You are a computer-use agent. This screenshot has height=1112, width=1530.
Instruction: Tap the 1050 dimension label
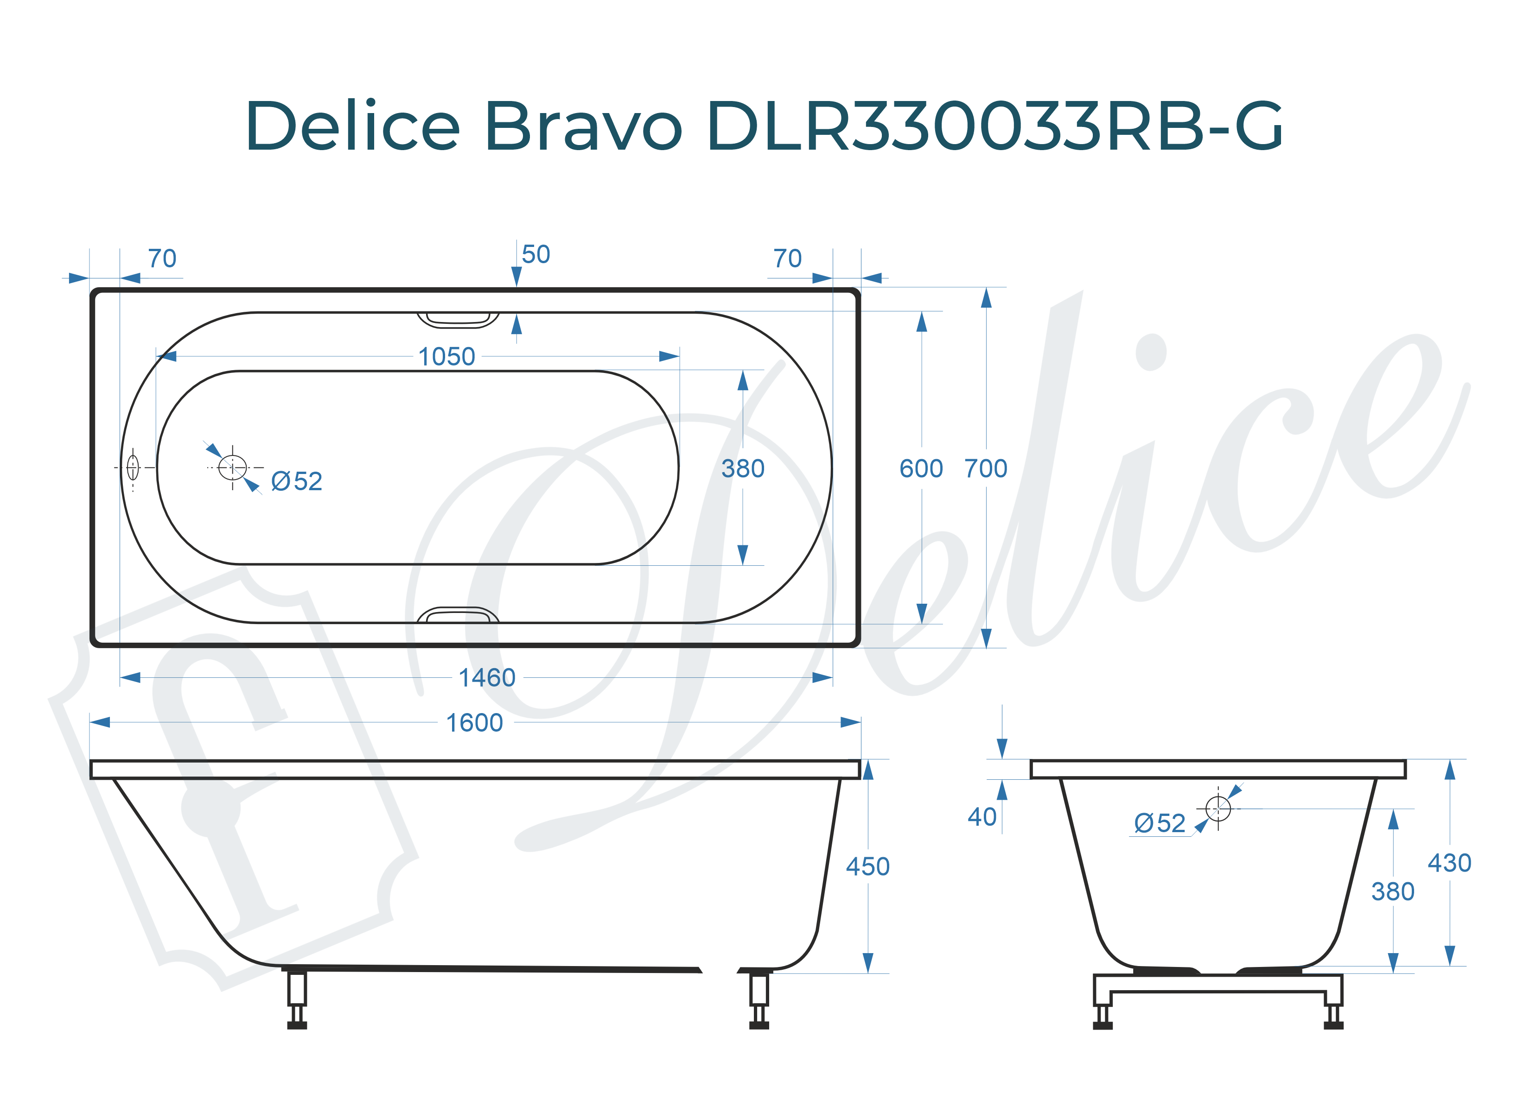point(446,357)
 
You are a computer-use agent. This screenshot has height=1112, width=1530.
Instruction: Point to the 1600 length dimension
point(474,723)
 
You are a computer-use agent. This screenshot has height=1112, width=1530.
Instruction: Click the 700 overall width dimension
point(986,469)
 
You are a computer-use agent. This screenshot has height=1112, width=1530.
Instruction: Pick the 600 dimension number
point(921,469)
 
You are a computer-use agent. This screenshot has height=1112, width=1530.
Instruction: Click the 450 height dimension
point(867,866)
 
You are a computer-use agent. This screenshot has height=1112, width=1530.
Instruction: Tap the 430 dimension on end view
point(1449,863)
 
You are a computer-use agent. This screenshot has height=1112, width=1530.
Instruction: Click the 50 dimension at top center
point(535,255)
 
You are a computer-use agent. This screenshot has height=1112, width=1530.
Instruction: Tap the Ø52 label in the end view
point(1160,823)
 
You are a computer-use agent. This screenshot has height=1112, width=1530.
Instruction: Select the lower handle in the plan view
point(458,615)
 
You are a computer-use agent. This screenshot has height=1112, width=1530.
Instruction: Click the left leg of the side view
point(297,998)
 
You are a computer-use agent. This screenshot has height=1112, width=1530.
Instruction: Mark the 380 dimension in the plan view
point(743,469)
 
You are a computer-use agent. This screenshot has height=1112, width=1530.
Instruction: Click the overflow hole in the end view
point(1218,808)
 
